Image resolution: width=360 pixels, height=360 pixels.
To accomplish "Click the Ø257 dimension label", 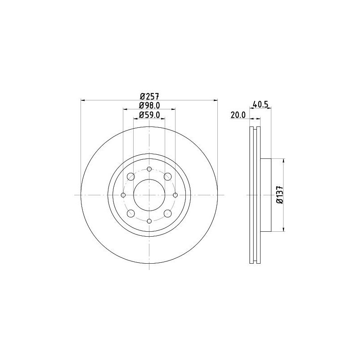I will (x=149, y=95).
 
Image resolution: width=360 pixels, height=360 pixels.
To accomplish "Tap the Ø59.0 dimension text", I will (x=149, y=115).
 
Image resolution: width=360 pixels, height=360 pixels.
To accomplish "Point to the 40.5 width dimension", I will (x=261, y=105).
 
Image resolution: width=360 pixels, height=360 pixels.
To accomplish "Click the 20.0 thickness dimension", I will (x=237, y=115).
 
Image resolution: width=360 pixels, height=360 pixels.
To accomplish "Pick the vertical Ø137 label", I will (x=279, y=195).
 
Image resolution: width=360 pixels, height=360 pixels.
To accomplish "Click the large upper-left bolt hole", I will (x=130, y=176).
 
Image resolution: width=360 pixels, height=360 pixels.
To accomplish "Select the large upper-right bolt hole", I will (x=167, y=176).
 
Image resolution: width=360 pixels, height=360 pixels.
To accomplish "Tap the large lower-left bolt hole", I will (x=130, y=213).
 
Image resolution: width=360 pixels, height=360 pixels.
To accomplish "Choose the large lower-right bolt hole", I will (x=167, y=213).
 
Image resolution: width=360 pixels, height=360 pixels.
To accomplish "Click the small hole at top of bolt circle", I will (x=149, y=169).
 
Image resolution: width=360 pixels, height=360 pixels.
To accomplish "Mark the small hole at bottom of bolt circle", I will (x=149, y=221).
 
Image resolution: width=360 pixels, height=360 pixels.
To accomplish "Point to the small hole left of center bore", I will (x=123, y=195).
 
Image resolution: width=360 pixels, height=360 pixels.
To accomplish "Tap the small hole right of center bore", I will (x=175, y=195).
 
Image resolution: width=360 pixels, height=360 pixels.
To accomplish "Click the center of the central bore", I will (x=149, y=195).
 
